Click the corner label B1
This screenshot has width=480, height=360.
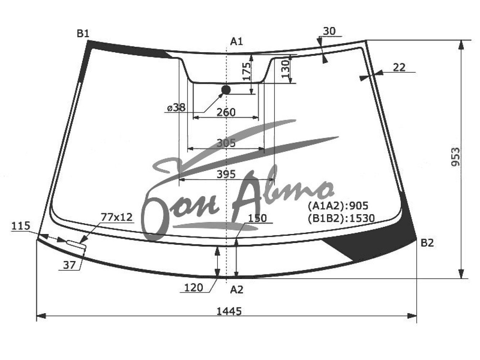click(x=83, y=34)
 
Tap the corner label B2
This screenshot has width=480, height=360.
click(x=427, y=243)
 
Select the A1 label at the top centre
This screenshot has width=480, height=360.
click(x=236, y=41)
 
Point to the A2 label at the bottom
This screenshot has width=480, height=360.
click(x=237, y=290)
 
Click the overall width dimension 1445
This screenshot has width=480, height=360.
click(x=229, y=311)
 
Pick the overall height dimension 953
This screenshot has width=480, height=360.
click(x=456, y=157)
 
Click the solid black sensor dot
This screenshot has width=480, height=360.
click(x=226, y=90)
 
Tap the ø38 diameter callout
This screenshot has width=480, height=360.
click(x=176, y=108)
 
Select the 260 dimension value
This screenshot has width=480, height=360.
click(x=226, y=112)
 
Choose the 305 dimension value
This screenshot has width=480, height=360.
click(x=226, y=143)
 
